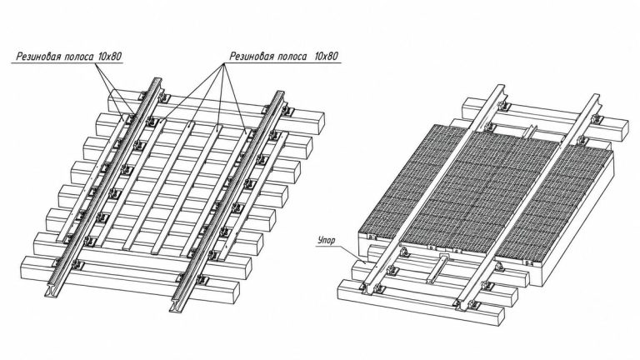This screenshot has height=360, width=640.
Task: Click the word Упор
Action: click(326, 240)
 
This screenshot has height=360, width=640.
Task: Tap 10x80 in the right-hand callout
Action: click(326, 56)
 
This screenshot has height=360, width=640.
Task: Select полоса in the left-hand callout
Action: click(80, 57)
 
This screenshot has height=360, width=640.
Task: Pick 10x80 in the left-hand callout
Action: click(109, 57)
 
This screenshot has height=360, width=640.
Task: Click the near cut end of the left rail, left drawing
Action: click(52, 290)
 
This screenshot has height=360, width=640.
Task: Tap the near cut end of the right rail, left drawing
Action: click(177, 306)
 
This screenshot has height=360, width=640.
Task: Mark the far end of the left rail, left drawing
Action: click(157, 82)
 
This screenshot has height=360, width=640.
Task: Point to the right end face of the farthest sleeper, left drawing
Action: click(319, 123)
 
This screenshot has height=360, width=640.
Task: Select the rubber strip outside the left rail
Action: click(91, 180)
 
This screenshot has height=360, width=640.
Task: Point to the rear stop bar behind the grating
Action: click(531, 132)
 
